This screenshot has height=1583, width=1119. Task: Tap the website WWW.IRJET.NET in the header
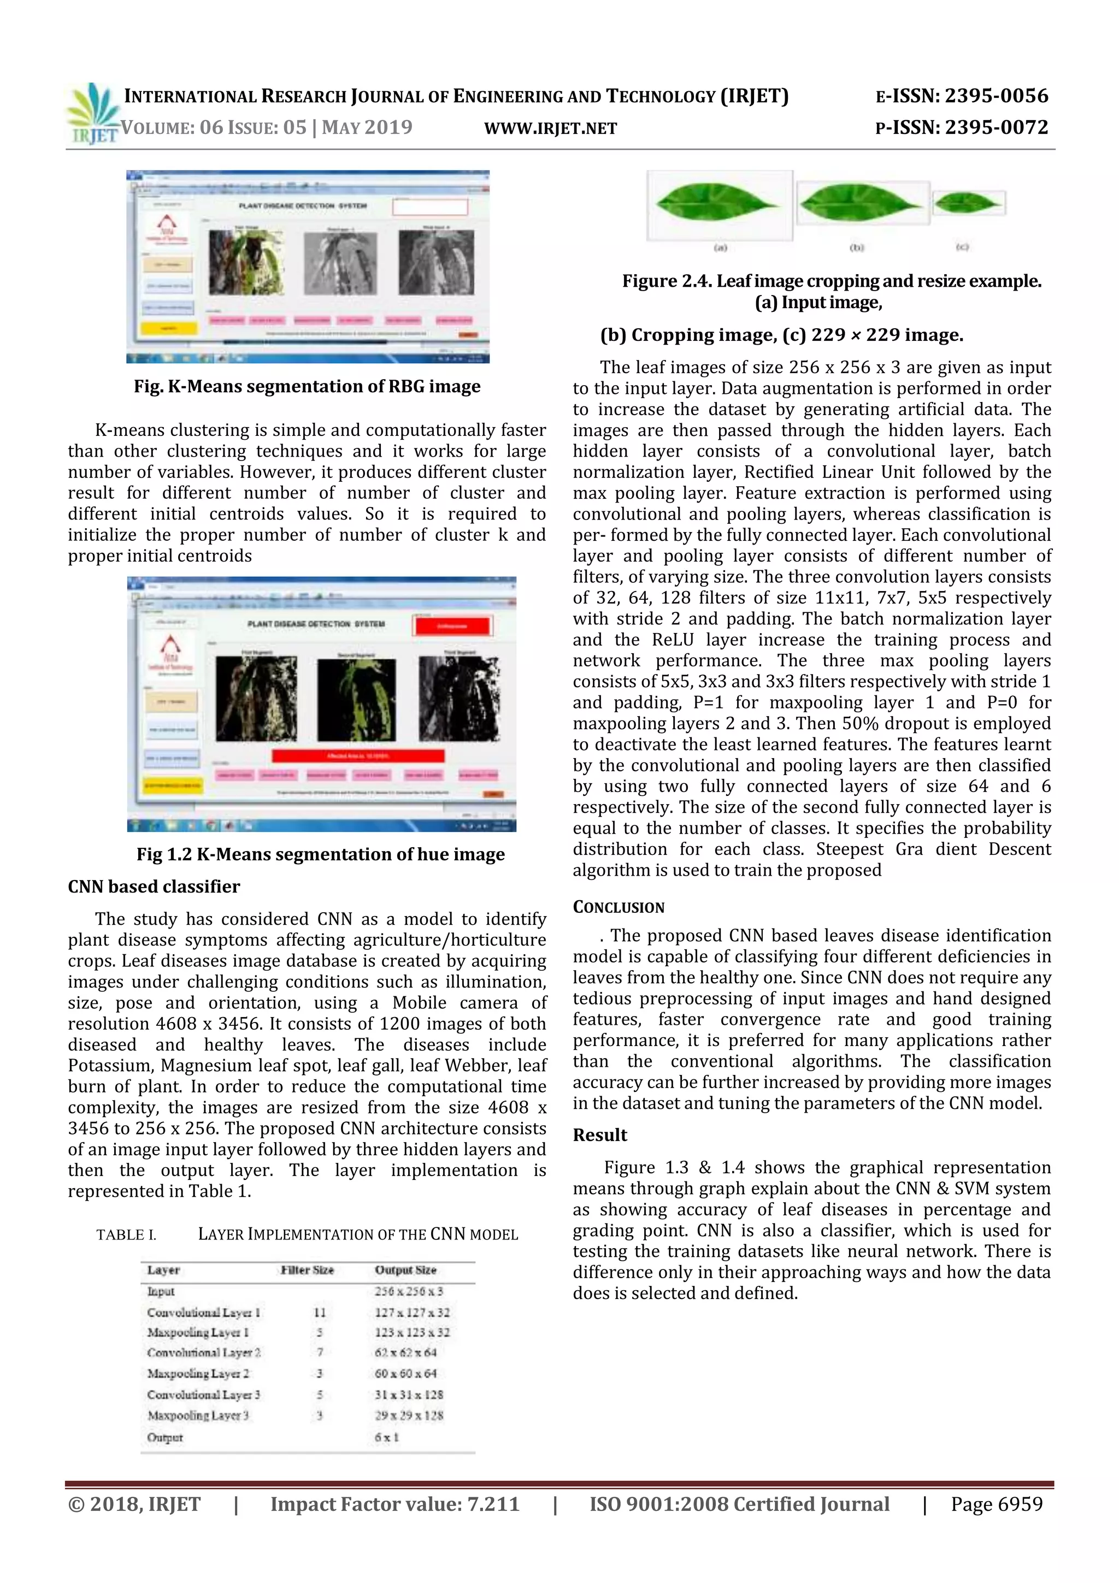(550, 128)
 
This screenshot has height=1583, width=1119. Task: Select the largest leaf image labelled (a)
(718, 205)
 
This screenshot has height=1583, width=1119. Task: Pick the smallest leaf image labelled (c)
(968, 203)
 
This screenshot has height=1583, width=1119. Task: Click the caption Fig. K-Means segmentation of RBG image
(307, 387)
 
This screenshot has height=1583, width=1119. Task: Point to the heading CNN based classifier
(154, 887)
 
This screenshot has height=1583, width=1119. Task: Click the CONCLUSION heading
(619, 907)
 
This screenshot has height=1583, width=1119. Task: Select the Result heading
(600, 1135)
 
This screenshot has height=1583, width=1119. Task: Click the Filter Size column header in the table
(307, 1270)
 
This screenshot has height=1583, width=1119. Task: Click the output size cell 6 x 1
(387, 1437)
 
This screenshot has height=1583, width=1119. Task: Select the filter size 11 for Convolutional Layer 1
(319, 1312)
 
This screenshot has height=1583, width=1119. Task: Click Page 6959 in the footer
(996, 1504)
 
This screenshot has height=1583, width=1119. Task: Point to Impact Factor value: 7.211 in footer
(394, 1504)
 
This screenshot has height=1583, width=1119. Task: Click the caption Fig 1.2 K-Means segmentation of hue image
(321, 855)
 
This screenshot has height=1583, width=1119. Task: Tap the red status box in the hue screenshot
(452, 626)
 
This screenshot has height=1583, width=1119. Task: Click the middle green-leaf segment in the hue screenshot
(356, 699)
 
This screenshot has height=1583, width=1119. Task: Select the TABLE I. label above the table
(126, 1235)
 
